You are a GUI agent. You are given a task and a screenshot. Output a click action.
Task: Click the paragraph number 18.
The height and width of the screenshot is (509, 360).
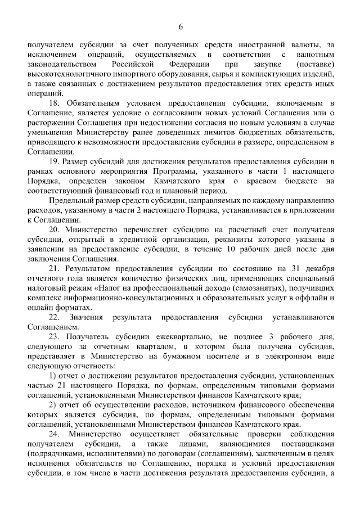(55, 104)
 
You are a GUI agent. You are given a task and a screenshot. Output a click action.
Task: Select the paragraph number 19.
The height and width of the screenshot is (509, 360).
(55, 161)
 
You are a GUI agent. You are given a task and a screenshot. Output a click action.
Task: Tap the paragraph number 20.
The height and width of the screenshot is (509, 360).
(55, 231)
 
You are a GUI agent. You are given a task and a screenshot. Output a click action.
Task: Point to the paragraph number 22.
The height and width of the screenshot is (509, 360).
(55, 317)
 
